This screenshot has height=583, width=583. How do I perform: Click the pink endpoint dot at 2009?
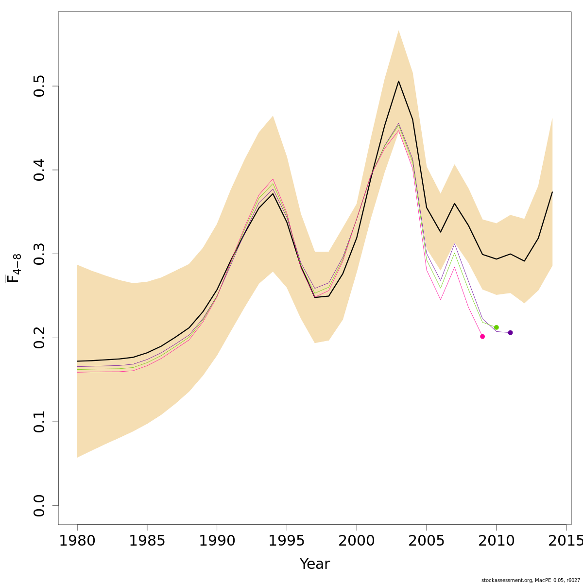tap(482, 336)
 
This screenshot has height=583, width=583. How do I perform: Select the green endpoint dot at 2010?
tap(497, 327)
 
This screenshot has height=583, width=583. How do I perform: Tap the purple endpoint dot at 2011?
tap(510, 333)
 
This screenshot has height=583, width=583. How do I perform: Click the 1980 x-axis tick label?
tap(77, 541)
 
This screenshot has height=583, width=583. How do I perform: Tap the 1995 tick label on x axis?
tap(287, 541)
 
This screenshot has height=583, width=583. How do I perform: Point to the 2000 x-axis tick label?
tap(357, 541)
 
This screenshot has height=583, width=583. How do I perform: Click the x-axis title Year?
tap(315, 564)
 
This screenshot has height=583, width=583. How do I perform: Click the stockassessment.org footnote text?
tap(531, 580)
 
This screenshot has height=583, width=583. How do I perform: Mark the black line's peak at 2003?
tap(398, 81)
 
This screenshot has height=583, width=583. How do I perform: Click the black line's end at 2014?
tap(552, 192)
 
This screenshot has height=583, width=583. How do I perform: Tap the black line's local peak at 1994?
tap(273, 193)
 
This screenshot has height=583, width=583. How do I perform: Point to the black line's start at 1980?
tap(77, 361)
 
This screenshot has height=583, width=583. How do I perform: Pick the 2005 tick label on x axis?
tap(427, 541)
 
